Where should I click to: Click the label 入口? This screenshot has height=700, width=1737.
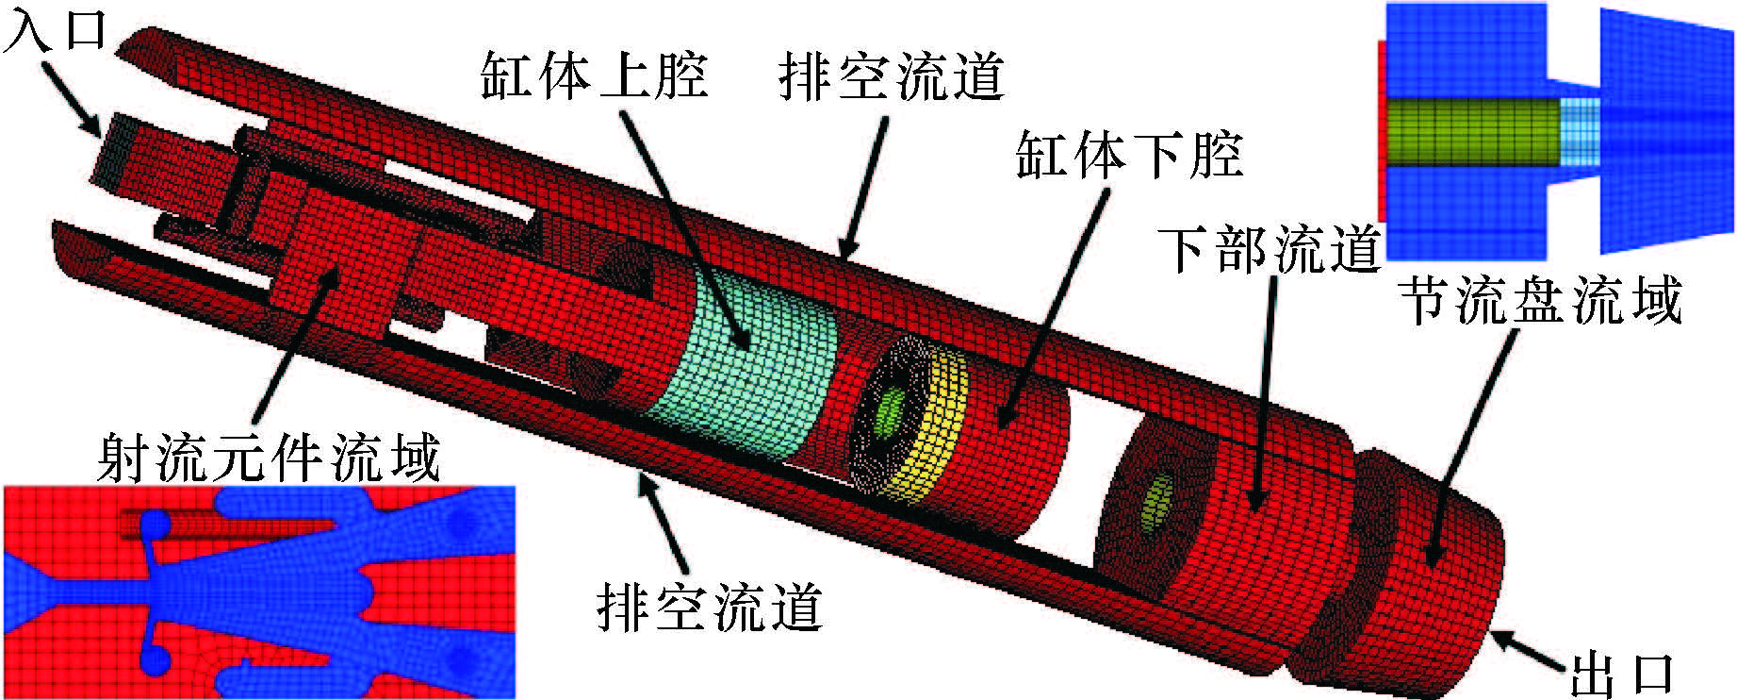click(x=55, y=30)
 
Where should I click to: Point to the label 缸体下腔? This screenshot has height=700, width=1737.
click(x=1128, y=155)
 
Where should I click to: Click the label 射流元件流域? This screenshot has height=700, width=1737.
click(x=269, y=458)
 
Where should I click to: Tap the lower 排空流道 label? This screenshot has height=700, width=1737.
click(x=710, y=607)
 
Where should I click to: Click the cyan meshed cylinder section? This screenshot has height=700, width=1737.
click(x=745, y=377)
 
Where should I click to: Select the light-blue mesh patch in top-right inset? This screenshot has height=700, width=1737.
click(x=1580, y=132)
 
